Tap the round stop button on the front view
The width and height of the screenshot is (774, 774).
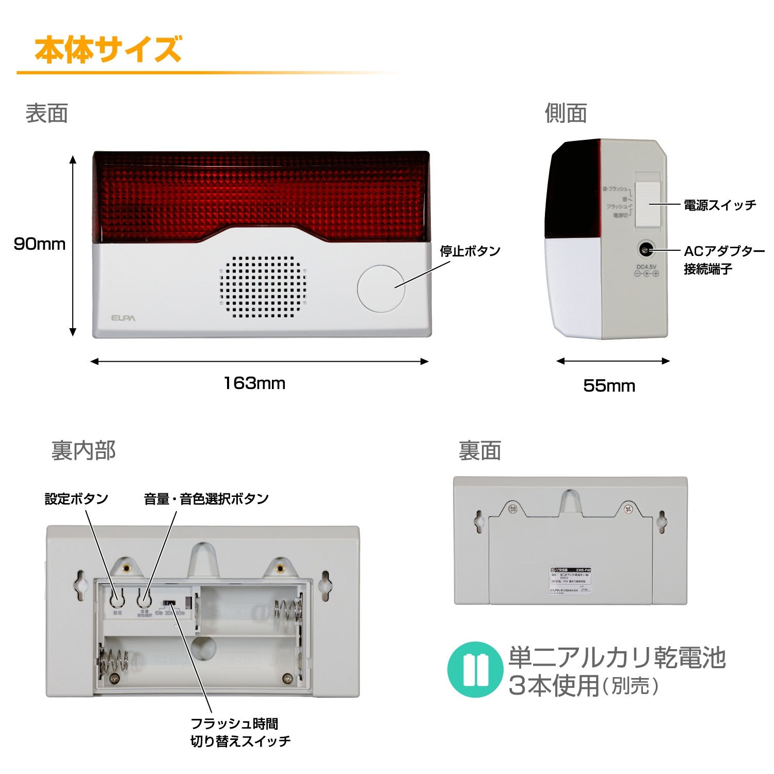pyautogui.click(x=381, y=288)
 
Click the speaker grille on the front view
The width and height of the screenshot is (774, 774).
pyautogui.click(x=263, y=286)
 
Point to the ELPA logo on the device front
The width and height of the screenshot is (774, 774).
pyautogui.click(x=123, y=318)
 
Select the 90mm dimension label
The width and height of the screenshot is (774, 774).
pyautogui.click(x=40, y=244)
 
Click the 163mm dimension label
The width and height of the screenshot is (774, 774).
pyautogui.click(x=254, y=383)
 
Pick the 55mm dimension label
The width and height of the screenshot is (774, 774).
pyautogui.click(x=609, y=386)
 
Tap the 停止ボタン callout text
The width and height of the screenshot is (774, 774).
pyautogui.click(x=470, y=251)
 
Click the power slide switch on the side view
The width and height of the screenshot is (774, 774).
pyautogui.click(x=648, y=204)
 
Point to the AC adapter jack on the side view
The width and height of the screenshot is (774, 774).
pyautogui.click(x=645, y=250)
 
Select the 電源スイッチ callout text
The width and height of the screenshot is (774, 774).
pyautogui.click(x=720, y=205)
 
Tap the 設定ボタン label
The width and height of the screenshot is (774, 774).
pyautogui.click(x=76, y=499)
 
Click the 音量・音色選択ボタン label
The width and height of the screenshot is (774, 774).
pyautogui.click(x=206, y=499)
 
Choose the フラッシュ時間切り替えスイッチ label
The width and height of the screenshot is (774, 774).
pyautogui.click(x=240, y=733)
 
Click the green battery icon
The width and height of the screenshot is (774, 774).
pyautogui.click(x=475, y=670)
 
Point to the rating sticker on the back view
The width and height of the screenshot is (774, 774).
pyautogui.click(x=570, y=581)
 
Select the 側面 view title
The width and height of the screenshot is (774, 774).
pyautogui.click(x=566, y=114)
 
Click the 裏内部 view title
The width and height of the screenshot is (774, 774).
pyautogui.click(x=84, y=450)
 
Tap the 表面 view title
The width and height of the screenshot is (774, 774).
pyautogui.click(x=46, y=114)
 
